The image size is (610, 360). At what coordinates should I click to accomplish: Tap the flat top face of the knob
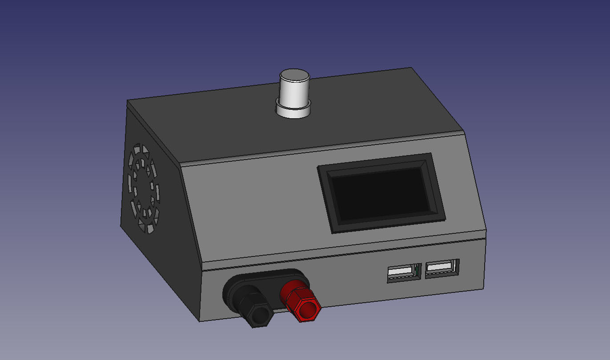click(294, 76)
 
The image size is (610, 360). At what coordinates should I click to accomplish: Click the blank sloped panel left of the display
click(253, 209)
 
